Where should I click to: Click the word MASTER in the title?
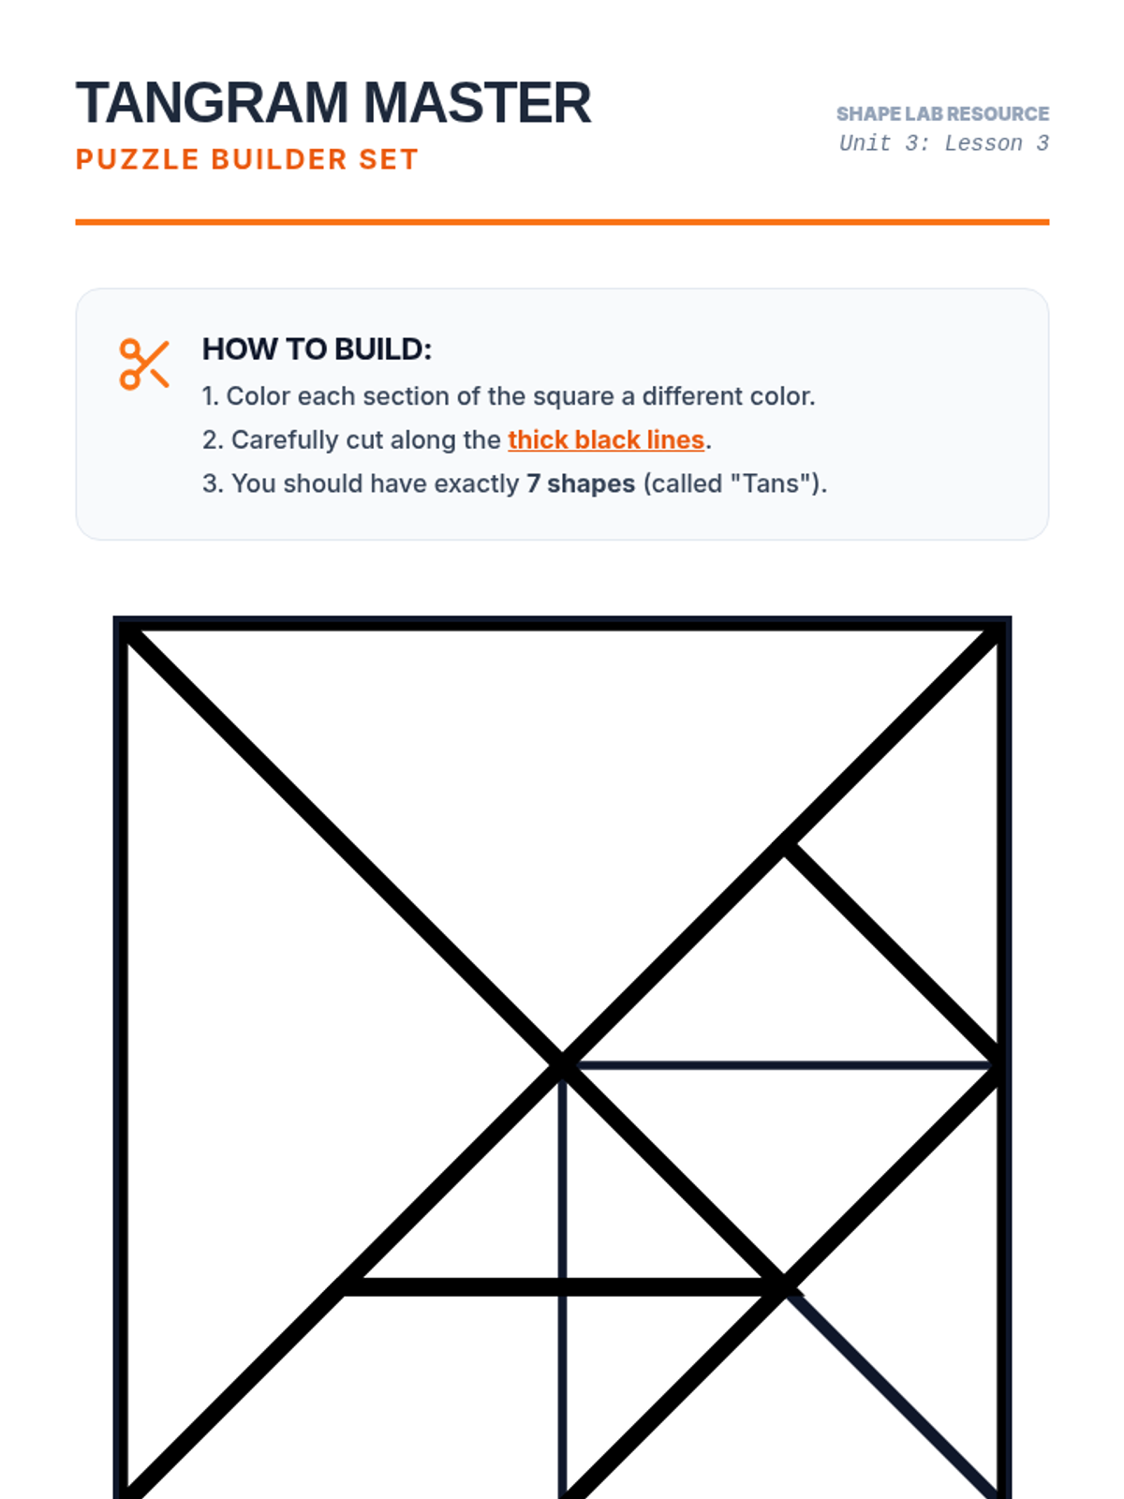pos(477,102)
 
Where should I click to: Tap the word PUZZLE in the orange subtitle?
pos(137,159)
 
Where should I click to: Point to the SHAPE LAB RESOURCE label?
pos(942,113)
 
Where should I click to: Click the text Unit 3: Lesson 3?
pos(944,143)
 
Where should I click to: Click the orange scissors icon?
pos(144,364)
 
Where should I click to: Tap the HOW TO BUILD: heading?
pos(317,349)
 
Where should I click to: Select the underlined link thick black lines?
pos(606,439)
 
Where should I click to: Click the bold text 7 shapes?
pos(581,483)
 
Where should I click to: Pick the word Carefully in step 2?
pos(286,439)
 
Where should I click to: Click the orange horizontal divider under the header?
pos(562,222)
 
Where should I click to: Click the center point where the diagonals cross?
pos(562,1064)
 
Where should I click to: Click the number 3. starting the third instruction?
pos(213,483)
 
